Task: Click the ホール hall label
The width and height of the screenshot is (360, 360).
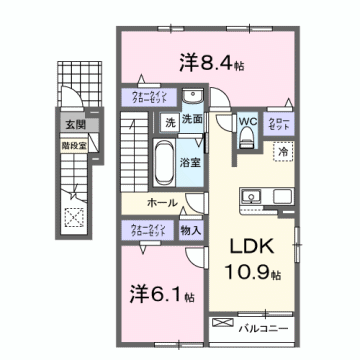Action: (163, 203)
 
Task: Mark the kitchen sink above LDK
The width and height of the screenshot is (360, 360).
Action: (251, 194)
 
